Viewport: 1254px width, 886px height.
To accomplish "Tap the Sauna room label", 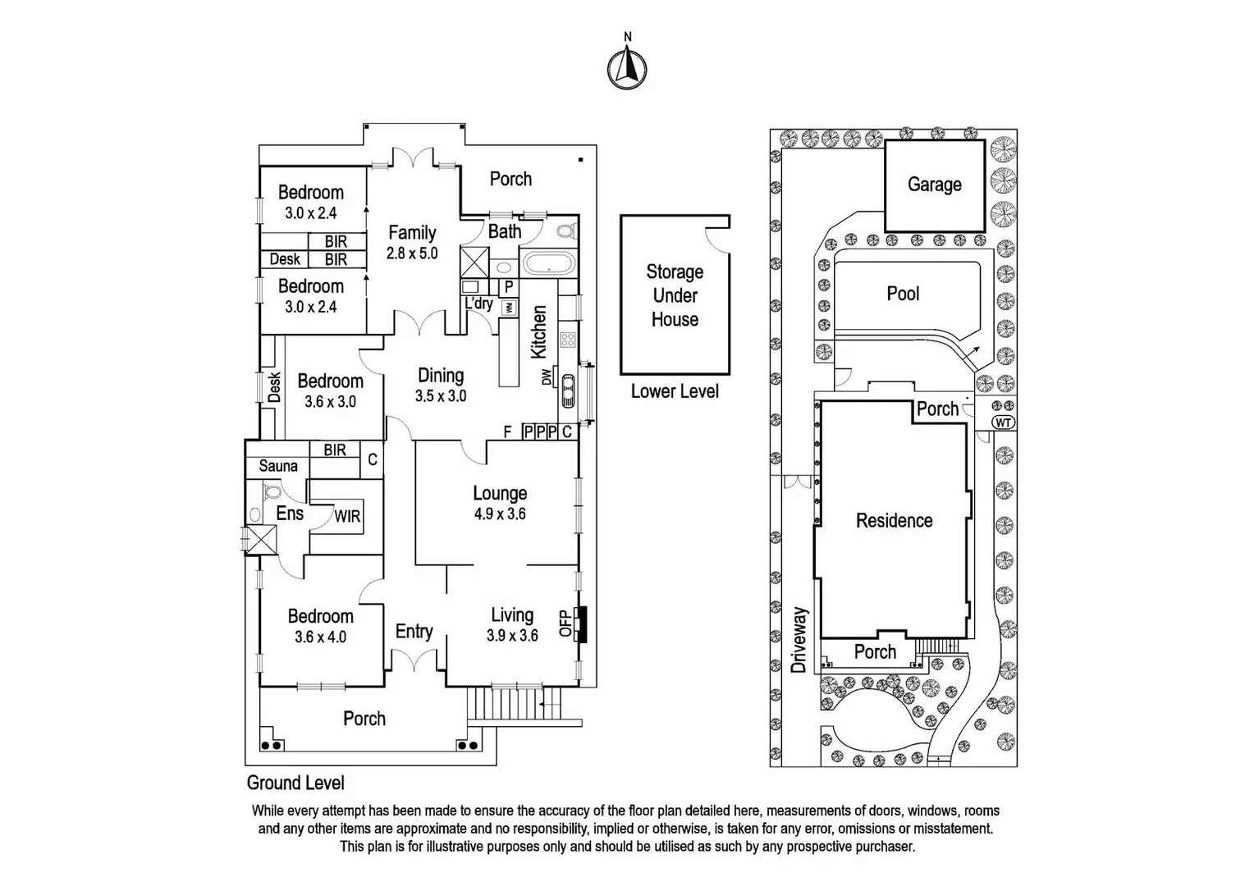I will pos(278,466).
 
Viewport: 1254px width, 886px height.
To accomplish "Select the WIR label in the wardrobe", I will pos(347,517).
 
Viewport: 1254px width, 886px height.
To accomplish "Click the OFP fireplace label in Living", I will pos(565,623).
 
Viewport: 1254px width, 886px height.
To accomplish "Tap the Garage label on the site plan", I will pos(934,185).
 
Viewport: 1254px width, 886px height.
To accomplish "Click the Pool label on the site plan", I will pos(903,294).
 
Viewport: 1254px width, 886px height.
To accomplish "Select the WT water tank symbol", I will pos(1003,422).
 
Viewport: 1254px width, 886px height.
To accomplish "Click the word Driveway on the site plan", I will pos(799,640).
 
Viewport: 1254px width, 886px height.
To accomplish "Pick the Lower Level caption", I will pos(675,391).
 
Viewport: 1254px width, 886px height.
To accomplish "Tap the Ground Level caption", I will pos(295,783).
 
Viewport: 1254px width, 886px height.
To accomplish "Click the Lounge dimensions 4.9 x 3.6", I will pos(500,514).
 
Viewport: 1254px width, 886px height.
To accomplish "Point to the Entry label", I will pos(414,631).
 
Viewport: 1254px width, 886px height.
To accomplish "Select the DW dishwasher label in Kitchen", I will pos(546,377).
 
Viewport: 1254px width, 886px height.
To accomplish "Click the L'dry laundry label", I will pos(478,304).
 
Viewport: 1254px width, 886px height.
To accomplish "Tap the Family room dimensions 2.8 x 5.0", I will pos(412,253).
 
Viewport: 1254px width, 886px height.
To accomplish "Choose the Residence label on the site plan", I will pos(894,520).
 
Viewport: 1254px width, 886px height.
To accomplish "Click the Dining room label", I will pos(441,375).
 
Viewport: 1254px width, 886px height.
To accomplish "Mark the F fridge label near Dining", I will pos(508,432).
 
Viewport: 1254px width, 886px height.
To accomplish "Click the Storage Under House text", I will pos(675,295).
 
